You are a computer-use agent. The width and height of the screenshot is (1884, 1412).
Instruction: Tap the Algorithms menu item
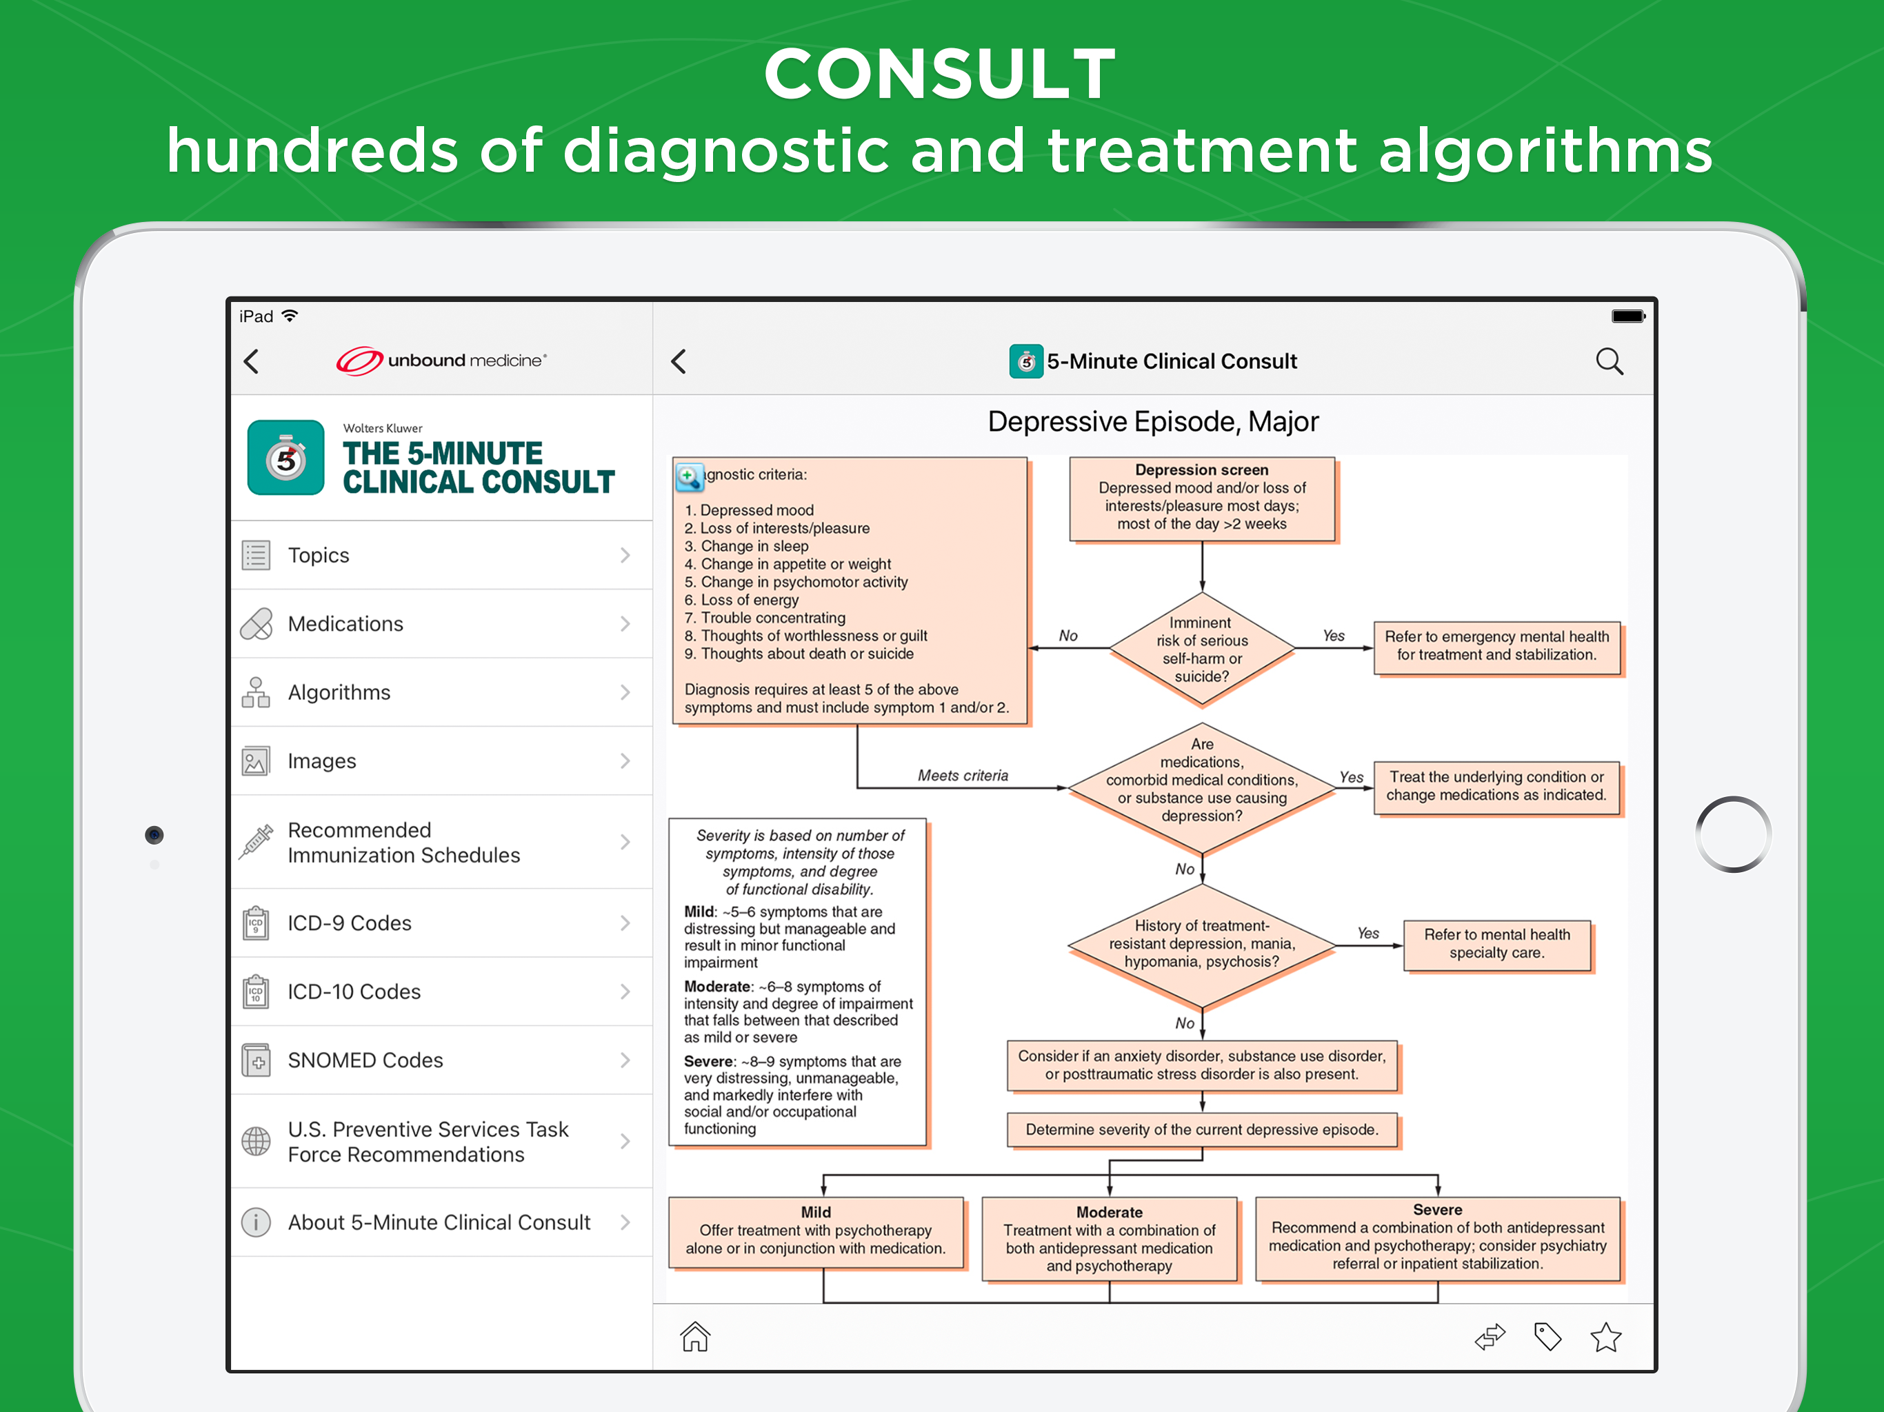click(339, 692)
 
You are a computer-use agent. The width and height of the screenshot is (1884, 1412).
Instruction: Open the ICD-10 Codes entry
click(354, 991)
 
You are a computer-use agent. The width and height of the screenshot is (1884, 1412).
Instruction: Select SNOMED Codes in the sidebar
click(365, 1060)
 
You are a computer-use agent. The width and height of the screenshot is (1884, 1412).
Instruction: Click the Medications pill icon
click(257, 623)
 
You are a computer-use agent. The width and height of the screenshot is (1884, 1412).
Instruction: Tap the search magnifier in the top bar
click(1609, 361)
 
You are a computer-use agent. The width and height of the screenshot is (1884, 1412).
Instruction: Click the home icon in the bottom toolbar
click(695, 1336)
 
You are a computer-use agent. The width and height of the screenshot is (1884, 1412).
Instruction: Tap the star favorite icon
click(1606, 1337)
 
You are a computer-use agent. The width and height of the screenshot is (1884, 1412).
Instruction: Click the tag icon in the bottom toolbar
click(1547, 1337)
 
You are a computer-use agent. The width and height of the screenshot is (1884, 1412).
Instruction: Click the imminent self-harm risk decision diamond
click(1202, 649)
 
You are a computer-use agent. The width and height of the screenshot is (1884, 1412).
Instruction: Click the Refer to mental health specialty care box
click(1496, 944)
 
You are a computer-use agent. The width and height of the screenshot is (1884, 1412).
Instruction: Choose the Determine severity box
click(1202, 1130)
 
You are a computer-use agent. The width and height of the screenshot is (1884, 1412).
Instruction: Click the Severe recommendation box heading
click(1438, 1209)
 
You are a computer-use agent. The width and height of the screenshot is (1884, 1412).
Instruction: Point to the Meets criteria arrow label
click(963, 776)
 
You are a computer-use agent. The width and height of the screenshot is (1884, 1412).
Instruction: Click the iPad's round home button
click(1733, 835)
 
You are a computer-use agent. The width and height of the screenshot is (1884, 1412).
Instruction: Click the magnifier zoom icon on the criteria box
click(689, 477)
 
